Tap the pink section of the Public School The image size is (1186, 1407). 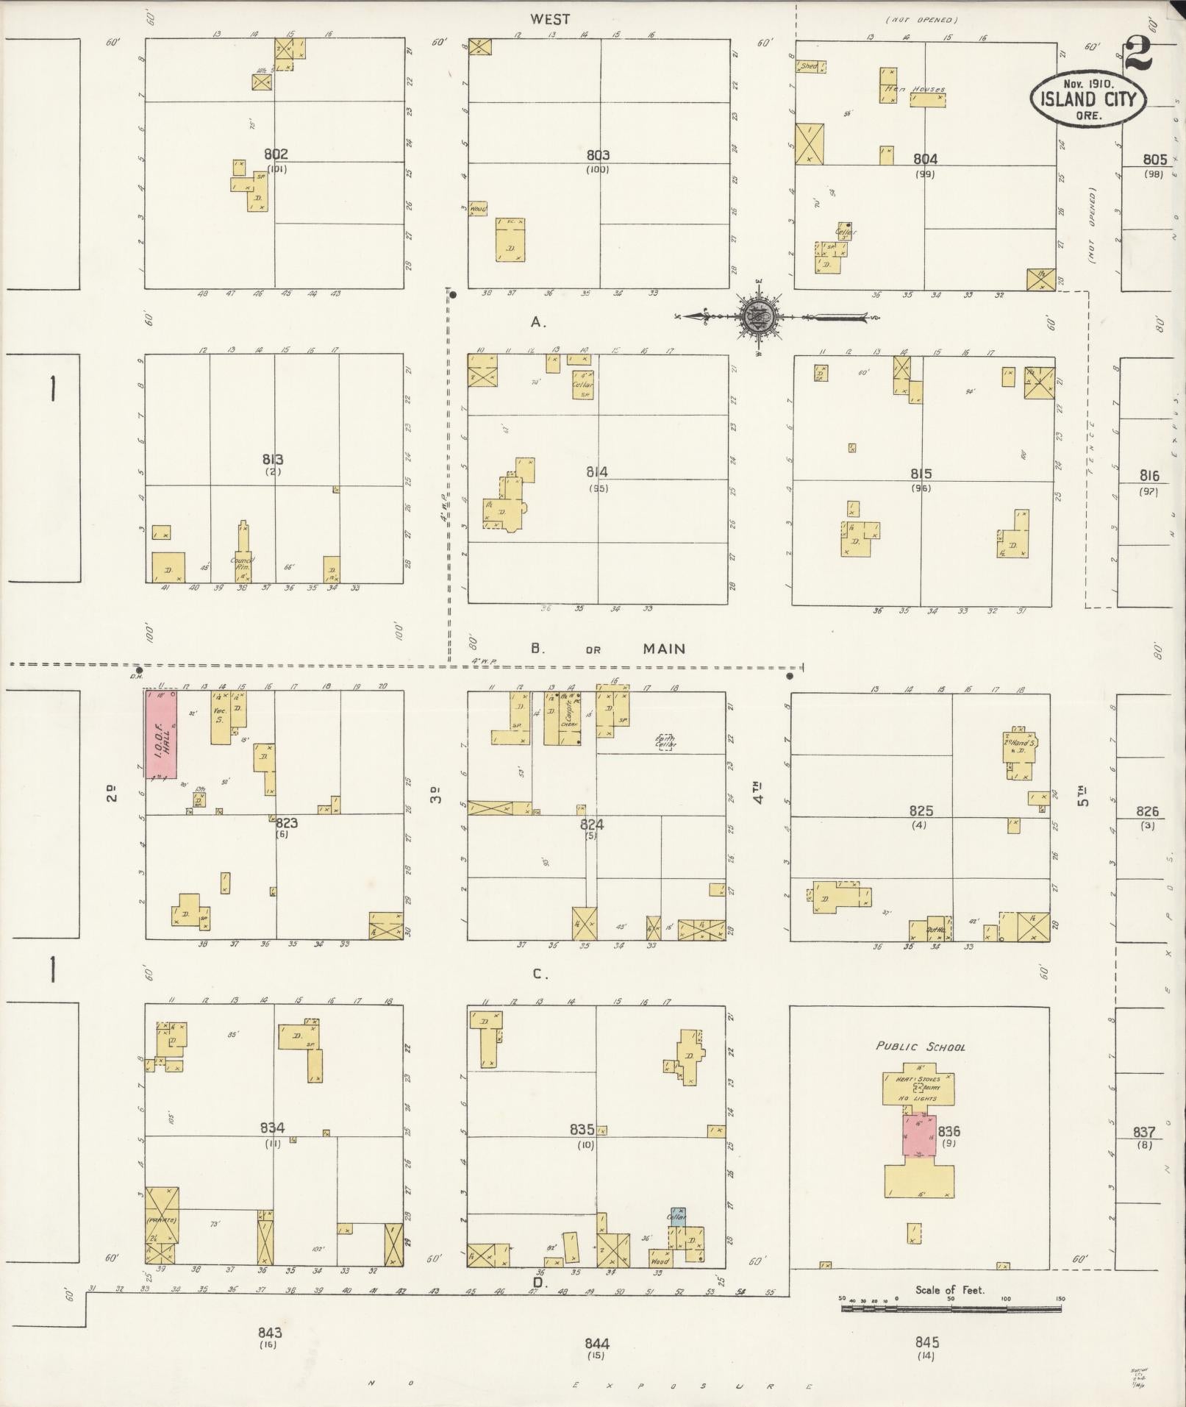click(x=919, y=1136)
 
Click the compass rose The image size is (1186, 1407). click(x=757, y=317)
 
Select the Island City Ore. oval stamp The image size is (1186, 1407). click(x=1088, y=100)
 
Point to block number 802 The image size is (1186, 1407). click(x=276, y=154)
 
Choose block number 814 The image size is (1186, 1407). click(x=597, y=472)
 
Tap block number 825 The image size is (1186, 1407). click(x=921, y=811)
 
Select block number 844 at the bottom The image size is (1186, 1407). click(x=597, y=1344)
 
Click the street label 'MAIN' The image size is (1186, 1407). click(x=664, y=649)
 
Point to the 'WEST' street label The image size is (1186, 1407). click(x=550, y=20)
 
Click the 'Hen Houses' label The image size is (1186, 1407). click(x=914, y=90)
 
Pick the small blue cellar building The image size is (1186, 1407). click(x=677, y=1215)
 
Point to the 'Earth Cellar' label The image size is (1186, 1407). click(x=666, y=742)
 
